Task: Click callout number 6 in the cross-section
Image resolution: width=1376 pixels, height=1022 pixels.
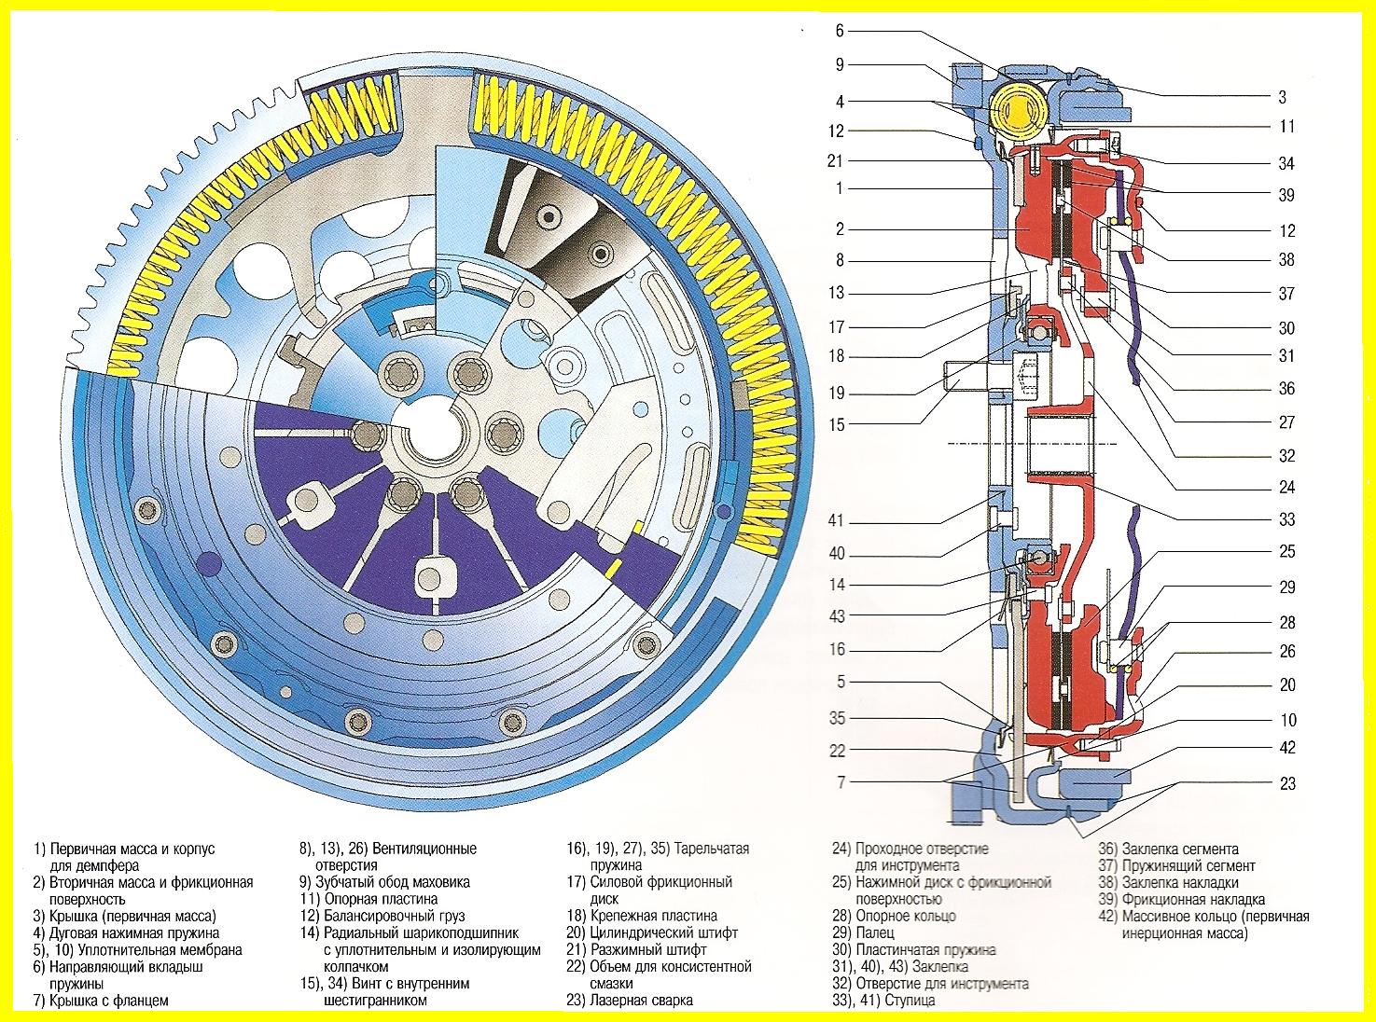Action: pyautogui.click(x=840, y=31)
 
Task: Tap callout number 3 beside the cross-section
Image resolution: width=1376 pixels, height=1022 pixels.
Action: pyautogui.click(x=1282, y=97)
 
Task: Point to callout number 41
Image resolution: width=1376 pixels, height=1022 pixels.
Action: pyautogui.click(x=837, y=520)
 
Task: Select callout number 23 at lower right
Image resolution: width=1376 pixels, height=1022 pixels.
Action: pyautogui.click(x=1287, y=783)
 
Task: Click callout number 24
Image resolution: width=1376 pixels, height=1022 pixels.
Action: pyautogui.click(x=1287, y=487)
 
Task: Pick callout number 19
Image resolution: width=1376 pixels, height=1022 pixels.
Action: pyautogui.click(x=838, y=393)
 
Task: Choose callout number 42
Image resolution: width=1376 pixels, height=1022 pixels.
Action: pyautogui.click(x=1287, y=748)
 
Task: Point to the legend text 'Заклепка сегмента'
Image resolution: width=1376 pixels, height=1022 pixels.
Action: pyautogui.click(x=1181, y=849)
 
